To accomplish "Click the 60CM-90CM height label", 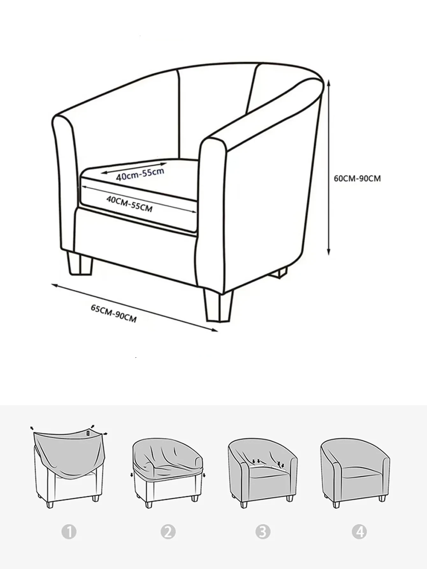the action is pyautogui.click(x=357, y=178).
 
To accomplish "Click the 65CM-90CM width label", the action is pyautogui.click(x=114, y=313).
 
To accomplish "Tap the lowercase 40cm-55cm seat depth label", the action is pyautogui.click(x=140, y=174).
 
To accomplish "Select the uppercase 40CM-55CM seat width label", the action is pyautogui.click(x=129, y=204).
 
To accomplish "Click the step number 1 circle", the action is pyautogui.click(x=69, y=532).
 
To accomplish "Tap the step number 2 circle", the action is pyautogui.click(x=168, y=532).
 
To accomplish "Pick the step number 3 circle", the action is pyautogui.click(x=263, y=532).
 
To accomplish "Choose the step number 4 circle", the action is pyautogui.click(x=359, y=532).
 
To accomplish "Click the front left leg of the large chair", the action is pyautogui.click(x=79, y=263).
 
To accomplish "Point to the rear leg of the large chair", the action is pyautogui.click(x=279, y=273).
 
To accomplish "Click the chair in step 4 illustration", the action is pyautogui.click(x=355, y=472).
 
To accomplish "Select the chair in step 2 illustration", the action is pyautogui.click(x=168, y=473).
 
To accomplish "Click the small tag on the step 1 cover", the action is pyautogui.click(x=89, y=433).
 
